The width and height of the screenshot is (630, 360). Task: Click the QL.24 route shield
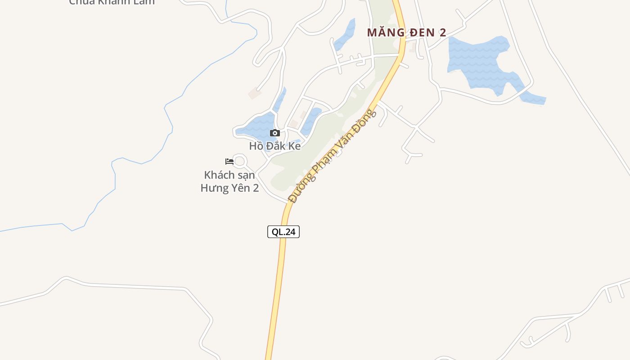click(283, 232)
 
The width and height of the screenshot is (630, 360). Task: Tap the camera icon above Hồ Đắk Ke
click(275, 133)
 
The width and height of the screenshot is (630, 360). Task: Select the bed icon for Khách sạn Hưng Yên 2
click(229, 161)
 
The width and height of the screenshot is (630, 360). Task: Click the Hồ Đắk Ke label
click(275, 146)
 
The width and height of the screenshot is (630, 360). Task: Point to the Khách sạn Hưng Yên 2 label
click(229, 181)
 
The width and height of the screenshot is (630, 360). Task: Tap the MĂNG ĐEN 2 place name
click(406, 32)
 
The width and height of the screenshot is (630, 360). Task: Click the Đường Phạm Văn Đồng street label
click(332, 156)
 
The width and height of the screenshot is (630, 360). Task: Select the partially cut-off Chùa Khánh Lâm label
click(112, 2)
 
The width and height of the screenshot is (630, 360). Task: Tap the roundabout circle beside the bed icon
click(240, 161)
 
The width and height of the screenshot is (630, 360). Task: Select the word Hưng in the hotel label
click(214, 188)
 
